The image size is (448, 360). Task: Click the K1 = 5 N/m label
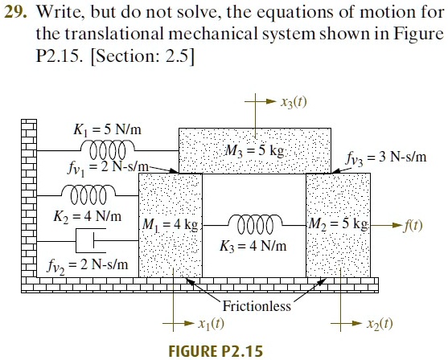click(x=108, y=129)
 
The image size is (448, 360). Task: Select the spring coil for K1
click(x=108, y=149)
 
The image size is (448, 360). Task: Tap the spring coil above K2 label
click(x=88, y=194)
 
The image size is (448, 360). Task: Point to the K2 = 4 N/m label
click(x=88, y=216)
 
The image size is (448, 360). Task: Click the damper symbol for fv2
click(x=91, y=240)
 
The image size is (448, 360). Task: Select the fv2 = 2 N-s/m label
click(x=88, y=266)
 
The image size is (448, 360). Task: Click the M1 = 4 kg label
click(x=171, y=224)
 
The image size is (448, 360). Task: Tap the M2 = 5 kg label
click(x=339, y=224)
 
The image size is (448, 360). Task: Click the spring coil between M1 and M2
click(x=255, y=224)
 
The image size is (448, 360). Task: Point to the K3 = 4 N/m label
click(x=253, y=246)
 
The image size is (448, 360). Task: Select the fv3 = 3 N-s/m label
click(x=386, y=157)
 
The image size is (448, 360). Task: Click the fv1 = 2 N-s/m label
click(x=109, y=168)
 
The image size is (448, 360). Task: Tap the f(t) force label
click(x=413, y=225)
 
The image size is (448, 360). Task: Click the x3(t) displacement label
click(x=294, y=102)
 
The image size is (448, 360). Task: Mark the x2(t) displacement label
click(x=380, y=324)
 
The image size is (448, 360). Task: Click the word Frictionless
click(x=257, y=306)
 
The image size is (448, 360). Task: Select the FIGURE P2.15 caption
click(x=216, y=351)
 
